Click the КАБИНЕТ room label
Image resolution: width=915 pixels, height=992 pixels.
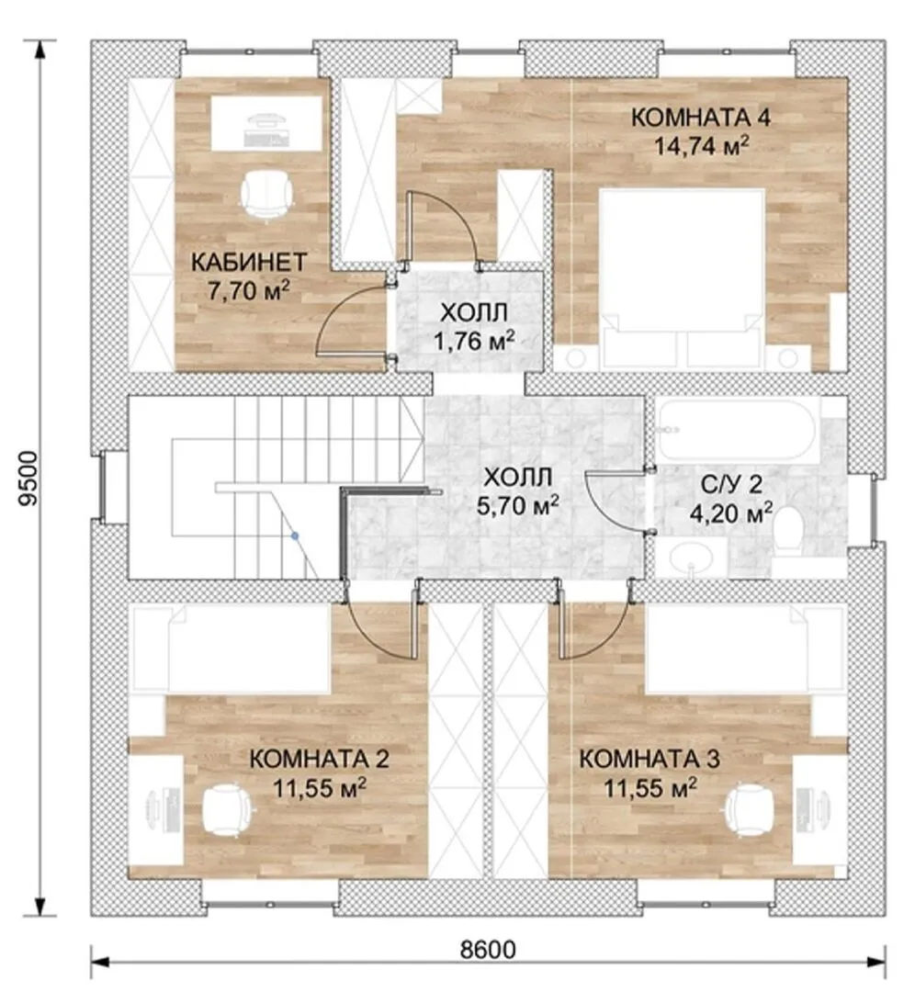tap(249, 261)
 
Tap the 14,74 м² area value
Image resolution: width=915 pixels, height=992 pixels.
tap(701, 146)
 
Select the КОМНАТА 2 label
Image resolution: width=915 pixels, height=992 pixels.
tap(319, 760)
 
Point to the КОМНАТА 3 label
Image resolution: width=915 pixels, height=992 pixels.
tap(650, 760)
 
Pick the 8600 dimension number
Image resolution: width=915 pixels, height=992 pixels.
tap(487, 950)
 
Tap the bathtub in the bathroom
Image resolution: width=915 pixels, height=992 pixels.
tap(737, 430)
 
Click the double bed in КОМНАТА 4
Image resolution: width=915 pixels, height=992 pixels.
tap(683, 278)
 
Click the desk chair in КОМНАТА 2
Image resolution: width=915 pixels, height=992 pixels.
tap(228, 809)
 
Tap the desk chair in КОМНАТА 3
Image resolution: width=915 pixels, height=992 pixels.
tap(750, 809)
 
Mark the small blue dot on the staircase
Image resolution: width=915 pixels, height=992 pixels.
tap(294, 535)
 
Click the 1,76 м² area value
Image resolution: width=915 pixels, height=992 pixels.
tap(473, 342)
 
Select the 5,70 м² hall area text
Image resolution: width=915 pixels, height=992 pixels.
tap(517, 505)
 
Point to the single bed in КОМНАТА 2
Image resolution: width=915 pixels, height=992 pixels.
tap(231, 648)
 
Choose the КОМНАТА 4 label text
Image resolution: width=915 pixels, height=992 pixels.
tap(701, 118)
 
